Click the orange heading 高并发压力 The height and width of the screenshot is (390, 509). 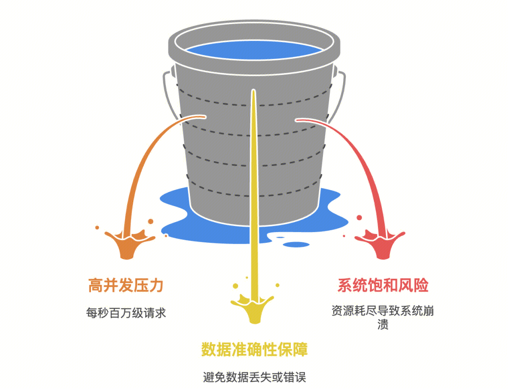click(x=126, y=285)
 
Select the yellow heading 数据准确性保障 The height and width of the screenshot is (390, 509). click(x=254, y=350)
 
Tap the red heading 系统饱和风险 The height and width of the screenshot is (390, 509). click(x=383, y=285)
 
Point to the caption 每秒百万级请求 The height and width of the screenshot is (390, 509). click(x=126, y=313)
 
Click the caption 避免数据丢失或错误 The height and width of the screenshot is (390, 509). click(x=254, y=377)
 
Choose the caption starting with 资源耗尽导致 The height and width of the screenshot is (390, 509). click(x=383, y=311)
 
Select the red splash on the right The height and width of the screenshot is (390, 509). click(x=381, y=243)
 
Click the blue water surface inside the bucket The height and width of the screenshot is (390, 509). click(x=254, y=51)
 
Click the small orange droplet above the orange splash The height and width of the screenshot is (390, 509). click(x=150, y=221)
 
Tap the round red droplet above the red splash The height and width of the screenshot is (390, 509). click(x=360, y=218)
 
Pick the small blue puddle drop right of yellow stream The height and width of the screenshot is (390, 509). click(x=290, y=244)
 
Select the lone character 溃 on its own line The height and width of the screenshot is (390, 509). click(x=383, y=325)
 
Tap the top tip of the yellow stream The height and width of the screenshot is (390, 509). click(x=254, y=91)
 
